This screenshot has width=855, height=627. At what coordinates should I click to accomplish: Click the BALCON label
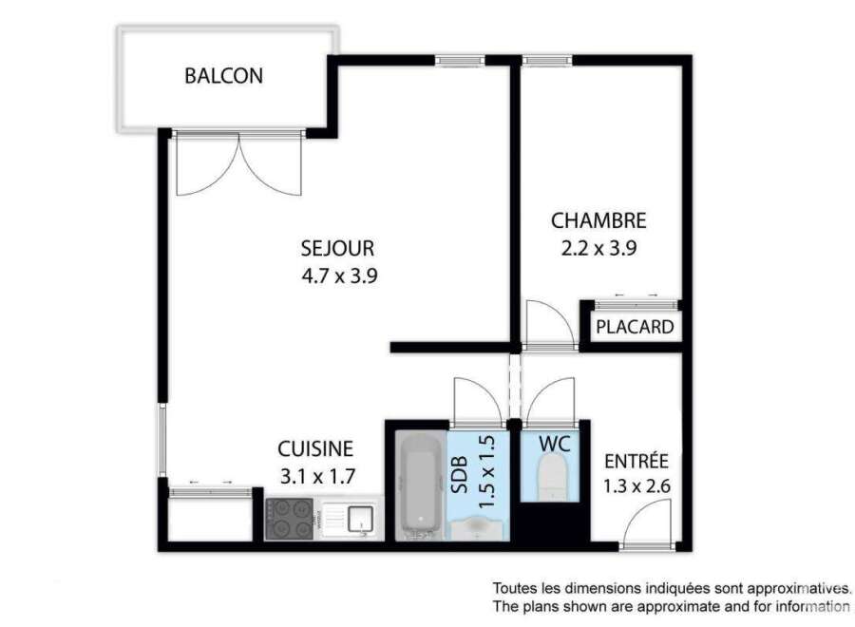[x=223, y=76]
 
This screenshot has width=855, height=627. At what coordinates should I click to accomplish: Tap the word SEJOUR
[x=337, y=249]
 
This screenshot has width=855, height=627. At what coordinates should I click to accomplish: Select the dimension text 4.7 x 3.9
[x=339, y=275]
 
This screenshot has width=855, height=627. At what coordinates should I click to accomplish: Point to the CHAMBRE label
[x=598, y=220]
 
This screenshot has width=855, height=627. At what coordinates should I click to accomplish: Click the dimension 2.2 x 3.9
[x=598, y=249]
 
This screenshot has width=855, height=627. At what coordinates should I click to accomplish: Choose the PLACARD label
[x=635, y=327]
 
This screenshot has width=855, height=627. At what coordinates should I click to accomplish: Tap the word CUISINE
[x=315, y=448]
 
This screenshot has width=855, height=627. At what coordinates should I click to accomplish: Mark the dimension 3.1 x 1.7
[x=317, y=476]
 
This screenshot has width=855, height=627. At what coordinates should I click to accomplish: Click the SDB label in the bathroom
[x=461, y=475]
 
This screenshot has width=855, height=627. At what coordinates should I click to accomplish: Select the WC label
[x=555, y=444]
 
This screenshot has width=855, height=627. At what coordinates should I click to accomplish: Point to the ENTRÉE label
[x=636, y=462]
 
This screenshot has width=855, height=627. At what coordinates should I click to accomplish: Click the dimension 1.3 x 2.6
[x=636, y=485]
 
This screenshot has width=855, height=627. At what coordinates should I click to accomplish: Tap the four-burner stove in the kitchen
[x=289, y=519]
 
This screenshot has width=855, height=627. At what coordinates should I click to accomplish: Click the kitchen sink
[x=349, y=519]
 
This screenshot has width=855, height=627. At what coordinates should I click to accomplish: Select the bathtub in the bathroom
[x=421, y=486]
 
